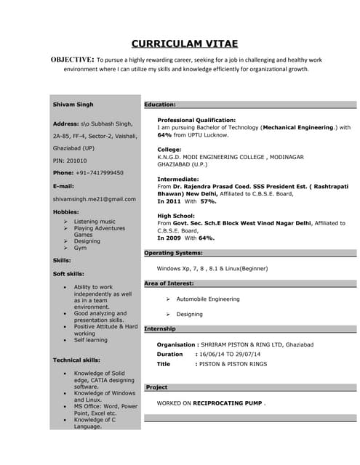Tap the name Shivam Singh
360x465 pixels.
(x=73, y=105)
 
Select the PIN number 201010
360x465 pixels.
(x=76, y=161)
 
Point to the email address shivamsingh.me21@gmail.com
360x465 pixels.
(x=95, y=198)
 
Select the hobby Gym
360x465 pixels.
(x=80, y=248)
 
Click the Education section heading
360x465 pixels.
(x=159, y=105)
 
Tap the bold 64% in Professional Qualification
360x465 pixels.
(x=164, y=135)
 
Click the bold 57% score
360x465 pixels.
(x=209, y=201)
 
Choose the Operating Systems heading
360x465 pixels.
(x=173, y=253)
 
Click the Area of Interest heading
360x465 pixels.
(x=169, y=283)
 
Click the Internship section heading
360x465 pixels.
(x=160, y=328)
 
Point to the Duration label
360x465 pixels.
(x=170, y=354)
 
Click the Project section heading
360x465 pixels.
(x=156, y=387)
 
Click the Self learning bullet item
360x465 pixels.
(x=90, y=339)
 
